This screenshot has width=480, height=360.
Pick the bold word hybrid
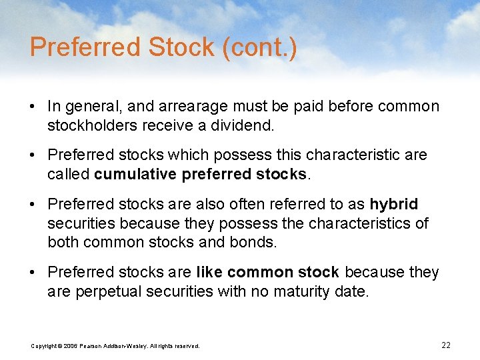coord(394,204)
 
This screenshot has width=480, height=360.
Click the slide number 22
coord(446,345)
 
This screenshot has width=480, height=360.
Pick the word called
coord(69,174)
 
